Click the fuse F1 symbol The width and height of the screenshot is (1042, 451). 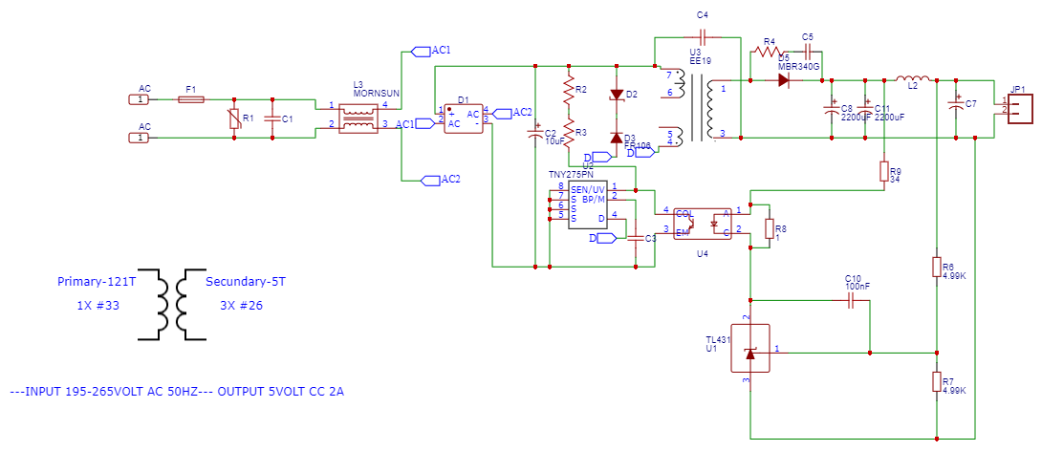(193, 98)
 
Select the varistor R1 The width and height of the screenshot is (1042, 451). (234, 118)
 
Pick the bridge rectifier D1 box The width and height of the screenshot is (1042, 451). (463, 116)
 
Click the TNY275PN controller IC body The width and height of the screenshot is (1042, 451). (588, 205)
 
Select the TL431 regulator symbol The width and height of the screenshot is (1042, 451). (750, 351)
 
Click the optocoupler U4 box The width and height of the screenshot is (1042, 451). (703, 223)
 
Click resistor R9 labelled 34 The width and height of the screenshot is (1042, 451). (884, 171)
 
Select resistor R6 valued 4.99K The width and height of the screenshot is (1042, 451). (937, 266)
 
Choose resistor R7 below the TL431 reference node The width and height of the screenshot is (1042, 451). (937, 382)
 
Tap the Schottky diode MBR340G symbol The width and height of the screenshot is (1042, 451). (784, 80)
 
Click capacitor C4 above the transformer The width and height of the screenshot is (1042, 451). (703, 37)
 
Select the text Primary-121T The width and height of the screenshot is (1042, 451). (96, 282)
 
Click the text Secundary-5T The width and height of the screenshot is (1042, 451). (246, 282)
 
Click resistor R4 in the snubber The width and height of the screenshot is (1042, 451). (768, 54)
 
